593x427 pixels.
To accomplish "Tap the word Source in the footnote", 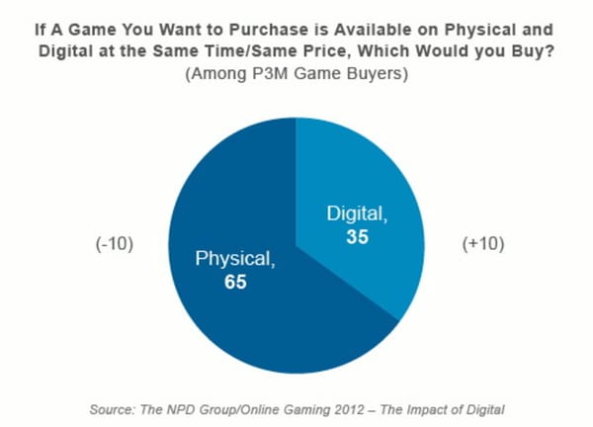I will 108,407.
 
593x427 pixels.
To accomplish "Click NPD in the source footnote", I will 179,407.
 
